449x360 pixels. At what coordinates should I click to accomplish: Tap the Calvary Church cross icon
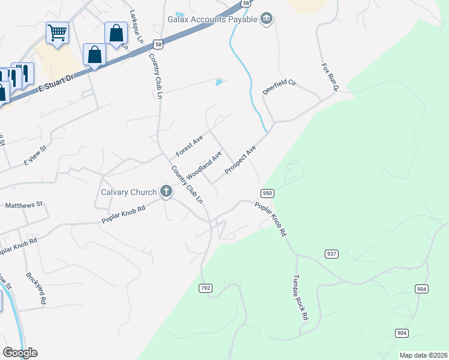point(166,192)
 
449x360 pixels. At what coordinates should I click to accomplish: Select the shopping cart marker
point(57,32)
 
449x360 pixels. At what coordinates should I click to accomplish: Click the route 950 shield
point(268,193)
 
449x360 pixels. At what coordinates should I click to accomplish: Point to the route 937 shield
point(331,254)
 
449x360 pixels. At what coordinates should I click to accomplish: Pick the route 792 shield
point(205,289)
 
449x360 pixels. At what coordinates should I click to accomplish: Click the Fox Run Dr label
point(330,77)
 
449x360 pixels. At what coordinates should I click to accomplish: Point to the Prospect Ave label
point(241,160)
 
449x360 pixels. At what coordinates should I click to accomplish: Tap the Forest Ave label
point(189,146)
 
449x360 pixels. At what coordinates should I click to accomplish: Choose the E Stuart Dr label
point(55,81)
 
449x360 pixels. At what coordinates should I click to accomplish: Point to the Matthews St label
point(23,205)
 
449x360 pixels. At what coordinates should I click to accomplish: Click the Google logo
point(20,353)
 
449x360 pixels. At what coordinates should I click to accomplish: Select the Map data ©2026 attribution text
point(423,355)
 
